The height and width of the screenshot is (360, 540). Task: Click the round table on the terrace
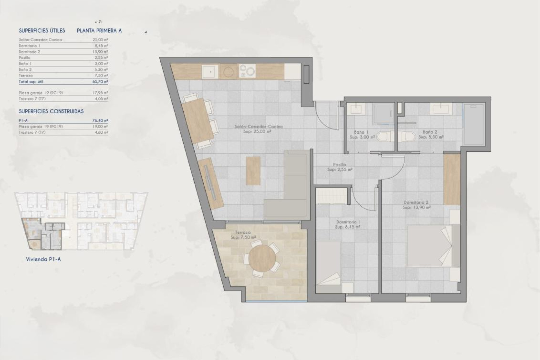pos(262,258)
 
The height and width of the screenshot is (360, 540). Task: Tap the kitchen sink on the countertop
pos(210,71)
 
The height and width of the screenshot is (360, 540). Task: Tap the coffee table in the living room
pos(253,171)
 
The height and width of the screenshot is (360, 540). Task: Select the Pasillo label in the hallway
pos(339,165)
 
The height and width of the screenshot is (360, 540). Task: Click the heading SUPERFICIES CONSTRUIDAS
pos(51,111)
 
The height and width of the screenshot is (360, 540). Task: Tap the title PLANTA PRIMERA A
pos(99,31)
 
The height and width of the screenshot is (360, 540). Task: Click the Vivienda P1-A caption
pos(43,259)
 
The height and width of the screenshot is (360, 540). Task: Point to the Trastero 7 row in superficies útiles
pos(32,99)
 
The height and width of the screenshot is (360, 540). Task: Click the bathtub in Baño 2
pos(474,124)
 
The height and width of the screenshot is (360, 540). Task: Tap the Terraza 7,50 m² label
pos(243,235)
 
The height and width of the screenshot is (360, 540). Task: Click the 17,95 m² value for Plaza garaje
pos(101,93)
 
